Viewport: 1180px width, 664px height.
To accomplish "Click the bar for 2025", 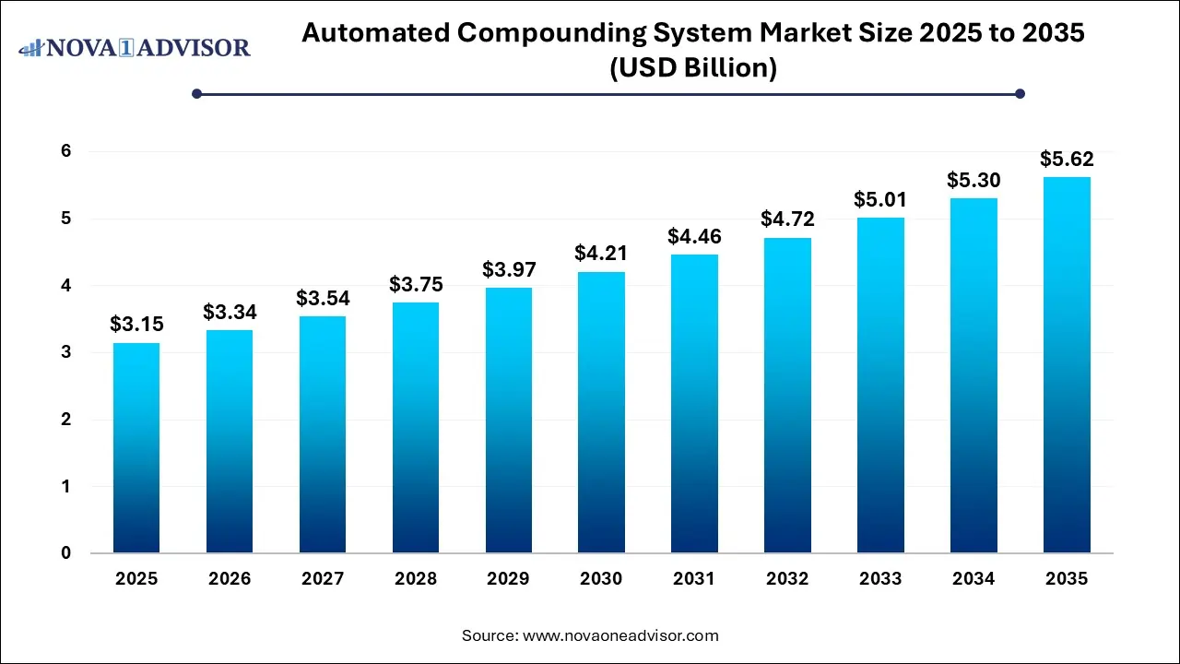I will point(136,448).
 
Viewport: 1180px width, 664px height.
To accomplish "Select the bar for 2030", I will point(601,412).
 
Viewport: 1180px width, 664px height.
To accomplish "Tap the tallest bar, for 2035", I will point(1067,365).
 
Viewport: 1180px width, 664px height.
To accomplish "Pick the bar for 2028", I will point(415,428).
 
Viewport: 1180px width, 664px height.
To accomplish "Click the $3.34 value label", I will point(229,312).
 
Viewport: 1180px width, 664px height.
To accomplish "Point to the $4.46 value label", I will point(694,236).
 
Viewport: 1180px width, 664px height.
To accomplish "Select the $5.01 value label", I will point(880,199).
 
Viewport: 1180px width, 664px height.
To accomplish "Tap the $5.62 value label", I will point(1067,159).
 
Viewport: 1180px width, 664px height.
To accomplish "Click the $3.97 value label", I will point(508,269).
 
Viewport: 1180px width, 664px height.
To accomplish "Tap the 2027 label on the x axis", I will point(322,579).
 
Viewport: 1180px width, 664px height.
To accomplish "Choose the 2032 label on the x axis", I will point(787,579).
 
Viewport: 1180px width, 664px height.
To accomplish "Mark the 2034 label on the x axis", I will point(973,579).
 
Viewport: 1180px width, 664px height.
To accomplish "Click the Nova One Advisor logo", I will point(135,47).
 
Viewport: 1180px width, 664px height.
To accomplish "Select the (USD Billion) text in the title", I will point(692,68).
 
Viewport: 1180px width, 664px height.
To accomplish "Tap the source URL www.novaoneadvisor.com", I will point(620,635).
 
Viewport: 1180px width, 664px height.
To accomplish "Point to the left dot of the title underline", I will point(196,93).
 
